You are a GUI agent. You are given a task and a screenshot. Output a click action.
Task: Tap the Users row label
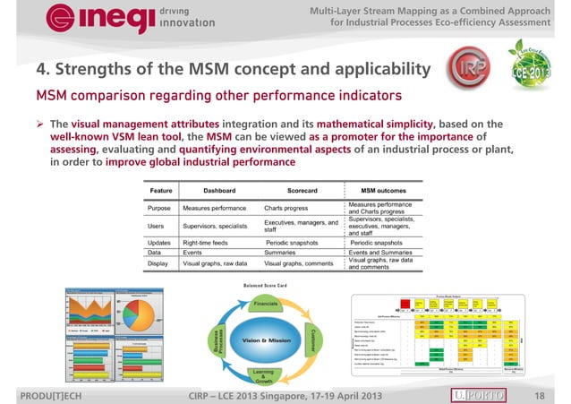pyautogui.click(x=159, y=226)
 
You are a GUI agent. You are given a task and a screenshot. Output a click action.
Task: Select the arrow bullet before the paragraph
pyautogui.click(x=40, y=125)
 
